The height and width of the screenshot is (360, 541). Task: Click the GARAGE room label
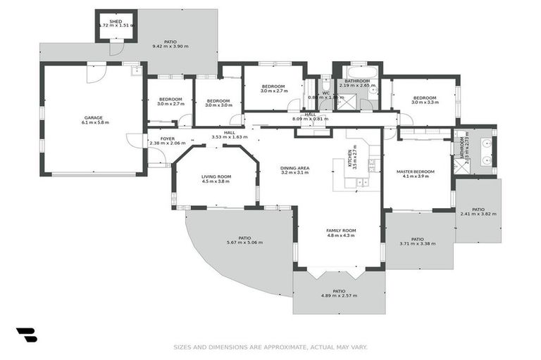coord(94,117)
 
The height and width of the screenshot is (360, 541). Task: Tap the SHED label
coord(116,22)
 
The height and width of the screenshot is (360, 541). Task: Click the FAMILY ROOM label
coord(341,230)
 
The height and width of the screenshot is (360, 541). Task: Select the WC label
coord(325,93)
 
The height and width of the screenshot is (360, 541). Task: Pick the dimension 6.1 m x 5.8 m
coord(94,123)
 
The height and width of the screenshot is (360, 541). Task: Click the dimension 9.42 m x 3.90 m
coord(170,47)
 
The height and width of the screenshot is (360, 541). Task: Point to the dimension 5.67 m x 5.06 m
coord(244,243)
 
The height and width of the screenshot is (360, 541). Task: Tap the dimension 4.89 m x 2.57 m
coord(339,295)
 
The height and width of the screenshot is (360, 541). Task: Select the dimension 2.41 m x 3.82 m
coord(478,214)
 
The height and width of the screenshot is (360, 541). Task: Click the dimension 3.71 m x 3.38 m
coord(418,244)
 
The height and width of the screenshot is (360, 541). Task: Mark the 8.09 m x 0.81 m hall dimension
coord(311,119)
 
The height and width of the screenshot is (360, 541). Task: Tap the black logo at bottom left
coord(26,335)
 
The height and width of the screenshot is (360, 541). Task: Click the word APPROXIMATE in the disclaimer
coord(280,347)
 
